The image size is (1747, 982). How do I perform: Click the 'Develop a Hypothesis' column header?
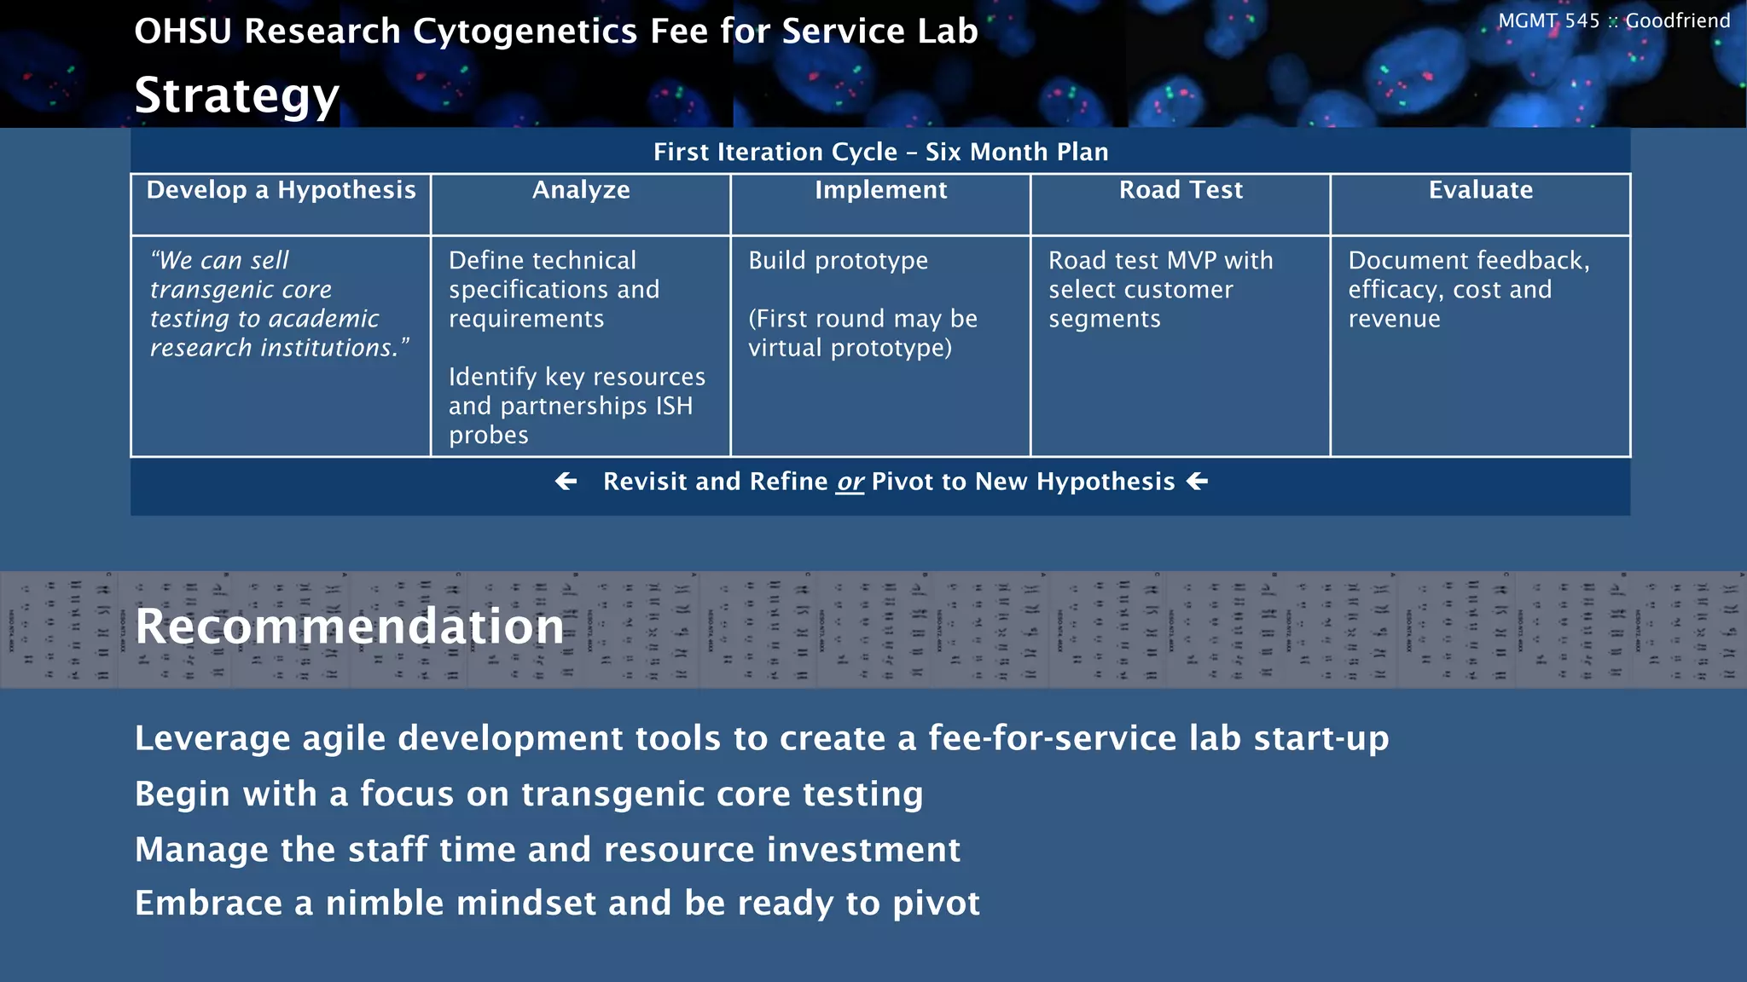(x=281, y=190)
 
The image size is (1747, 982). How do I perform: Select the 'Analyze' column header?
(x=581, y=190)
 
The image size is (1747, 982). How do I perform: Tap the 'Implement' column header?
(x=880, y=190)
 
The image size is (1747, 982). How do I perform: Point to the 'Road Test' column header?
(x=1181, y=190)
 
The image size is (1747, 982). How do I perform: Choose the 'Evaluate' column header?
(x=1480, y=190)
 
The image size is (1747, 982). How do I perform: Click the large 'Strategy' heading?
(x=237, y=95)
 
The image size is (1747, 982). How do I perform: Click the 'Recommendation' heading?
(x=350, y=626)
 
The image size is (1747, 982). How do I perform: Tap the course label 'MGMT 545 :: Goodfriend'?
(x=1613, y=21)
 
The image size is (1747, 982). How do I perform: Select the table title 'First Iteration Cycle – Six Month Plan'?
(x=880, y=152)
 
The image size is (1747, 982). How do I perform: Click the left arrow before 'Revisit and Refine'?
(x=566, y=482)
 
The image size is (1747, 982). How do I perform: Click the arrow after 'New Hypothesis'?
(x=1198, y=482)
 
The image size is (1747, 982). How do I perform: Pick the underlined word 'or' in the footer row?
(x=850, y=482)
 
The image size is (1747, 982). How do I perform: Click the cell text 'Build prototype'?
(x=838, y=261)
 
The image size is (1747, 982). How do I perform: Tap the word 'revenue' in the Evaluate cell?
(x=1394, y=319)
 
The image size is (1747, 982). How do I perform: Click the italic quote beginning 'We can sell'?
(x=279, y=303)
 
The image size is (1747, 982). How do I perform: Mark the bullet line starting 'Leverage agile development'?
(x=761, y=738)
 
